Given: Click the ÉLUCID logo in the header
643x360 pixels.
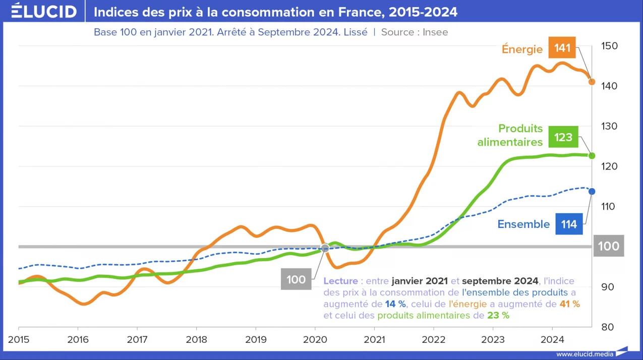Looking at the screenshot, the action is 44,11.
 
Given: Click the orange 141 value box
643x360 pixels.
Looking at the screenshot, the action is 562,48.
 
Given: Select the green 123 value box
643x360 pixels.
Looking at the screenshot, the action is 563,137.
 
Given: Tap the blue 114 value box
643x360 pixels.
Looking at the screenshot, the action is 569,224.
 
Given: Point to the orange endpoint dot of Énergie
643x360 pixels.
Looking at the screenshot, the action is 592,82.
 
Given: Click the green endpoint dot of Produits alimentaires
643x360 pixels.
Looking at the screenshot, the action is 592,156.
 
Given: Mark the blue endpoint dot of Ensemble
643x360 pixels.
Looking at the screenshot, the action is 592,192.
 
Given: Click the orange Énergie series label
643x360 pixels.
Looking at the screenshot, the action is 522,49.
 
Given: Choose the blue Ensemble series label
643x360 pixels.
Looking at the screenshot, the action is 523,224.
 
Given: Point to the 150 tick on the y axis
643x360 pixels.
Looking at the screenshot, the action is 609,46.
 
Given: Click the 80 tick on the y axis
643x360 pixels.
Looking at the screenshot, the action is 607,327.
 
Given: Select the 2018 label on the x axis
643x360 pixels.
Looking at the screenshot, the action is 196,340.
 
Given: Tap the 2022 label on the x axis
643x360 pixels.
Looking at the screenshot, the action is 433,340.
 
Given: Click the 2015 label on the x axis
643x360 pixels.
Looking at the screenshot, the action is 19,340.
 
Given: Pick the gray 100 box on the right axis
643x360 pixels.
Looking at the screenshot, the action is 609,246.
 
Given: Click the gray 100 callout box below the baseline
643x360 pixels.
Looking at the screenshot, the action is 296,279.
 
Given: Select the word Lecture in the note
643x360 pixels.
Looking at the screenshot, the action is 341,281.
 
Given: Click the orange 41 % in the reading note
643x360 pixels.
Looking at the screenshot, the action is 569,304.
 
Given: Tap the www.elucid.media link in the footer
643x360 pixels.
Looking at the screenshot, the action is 584,354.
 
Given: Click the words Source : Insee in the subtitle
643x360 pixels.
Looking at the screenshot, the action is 415,32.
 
